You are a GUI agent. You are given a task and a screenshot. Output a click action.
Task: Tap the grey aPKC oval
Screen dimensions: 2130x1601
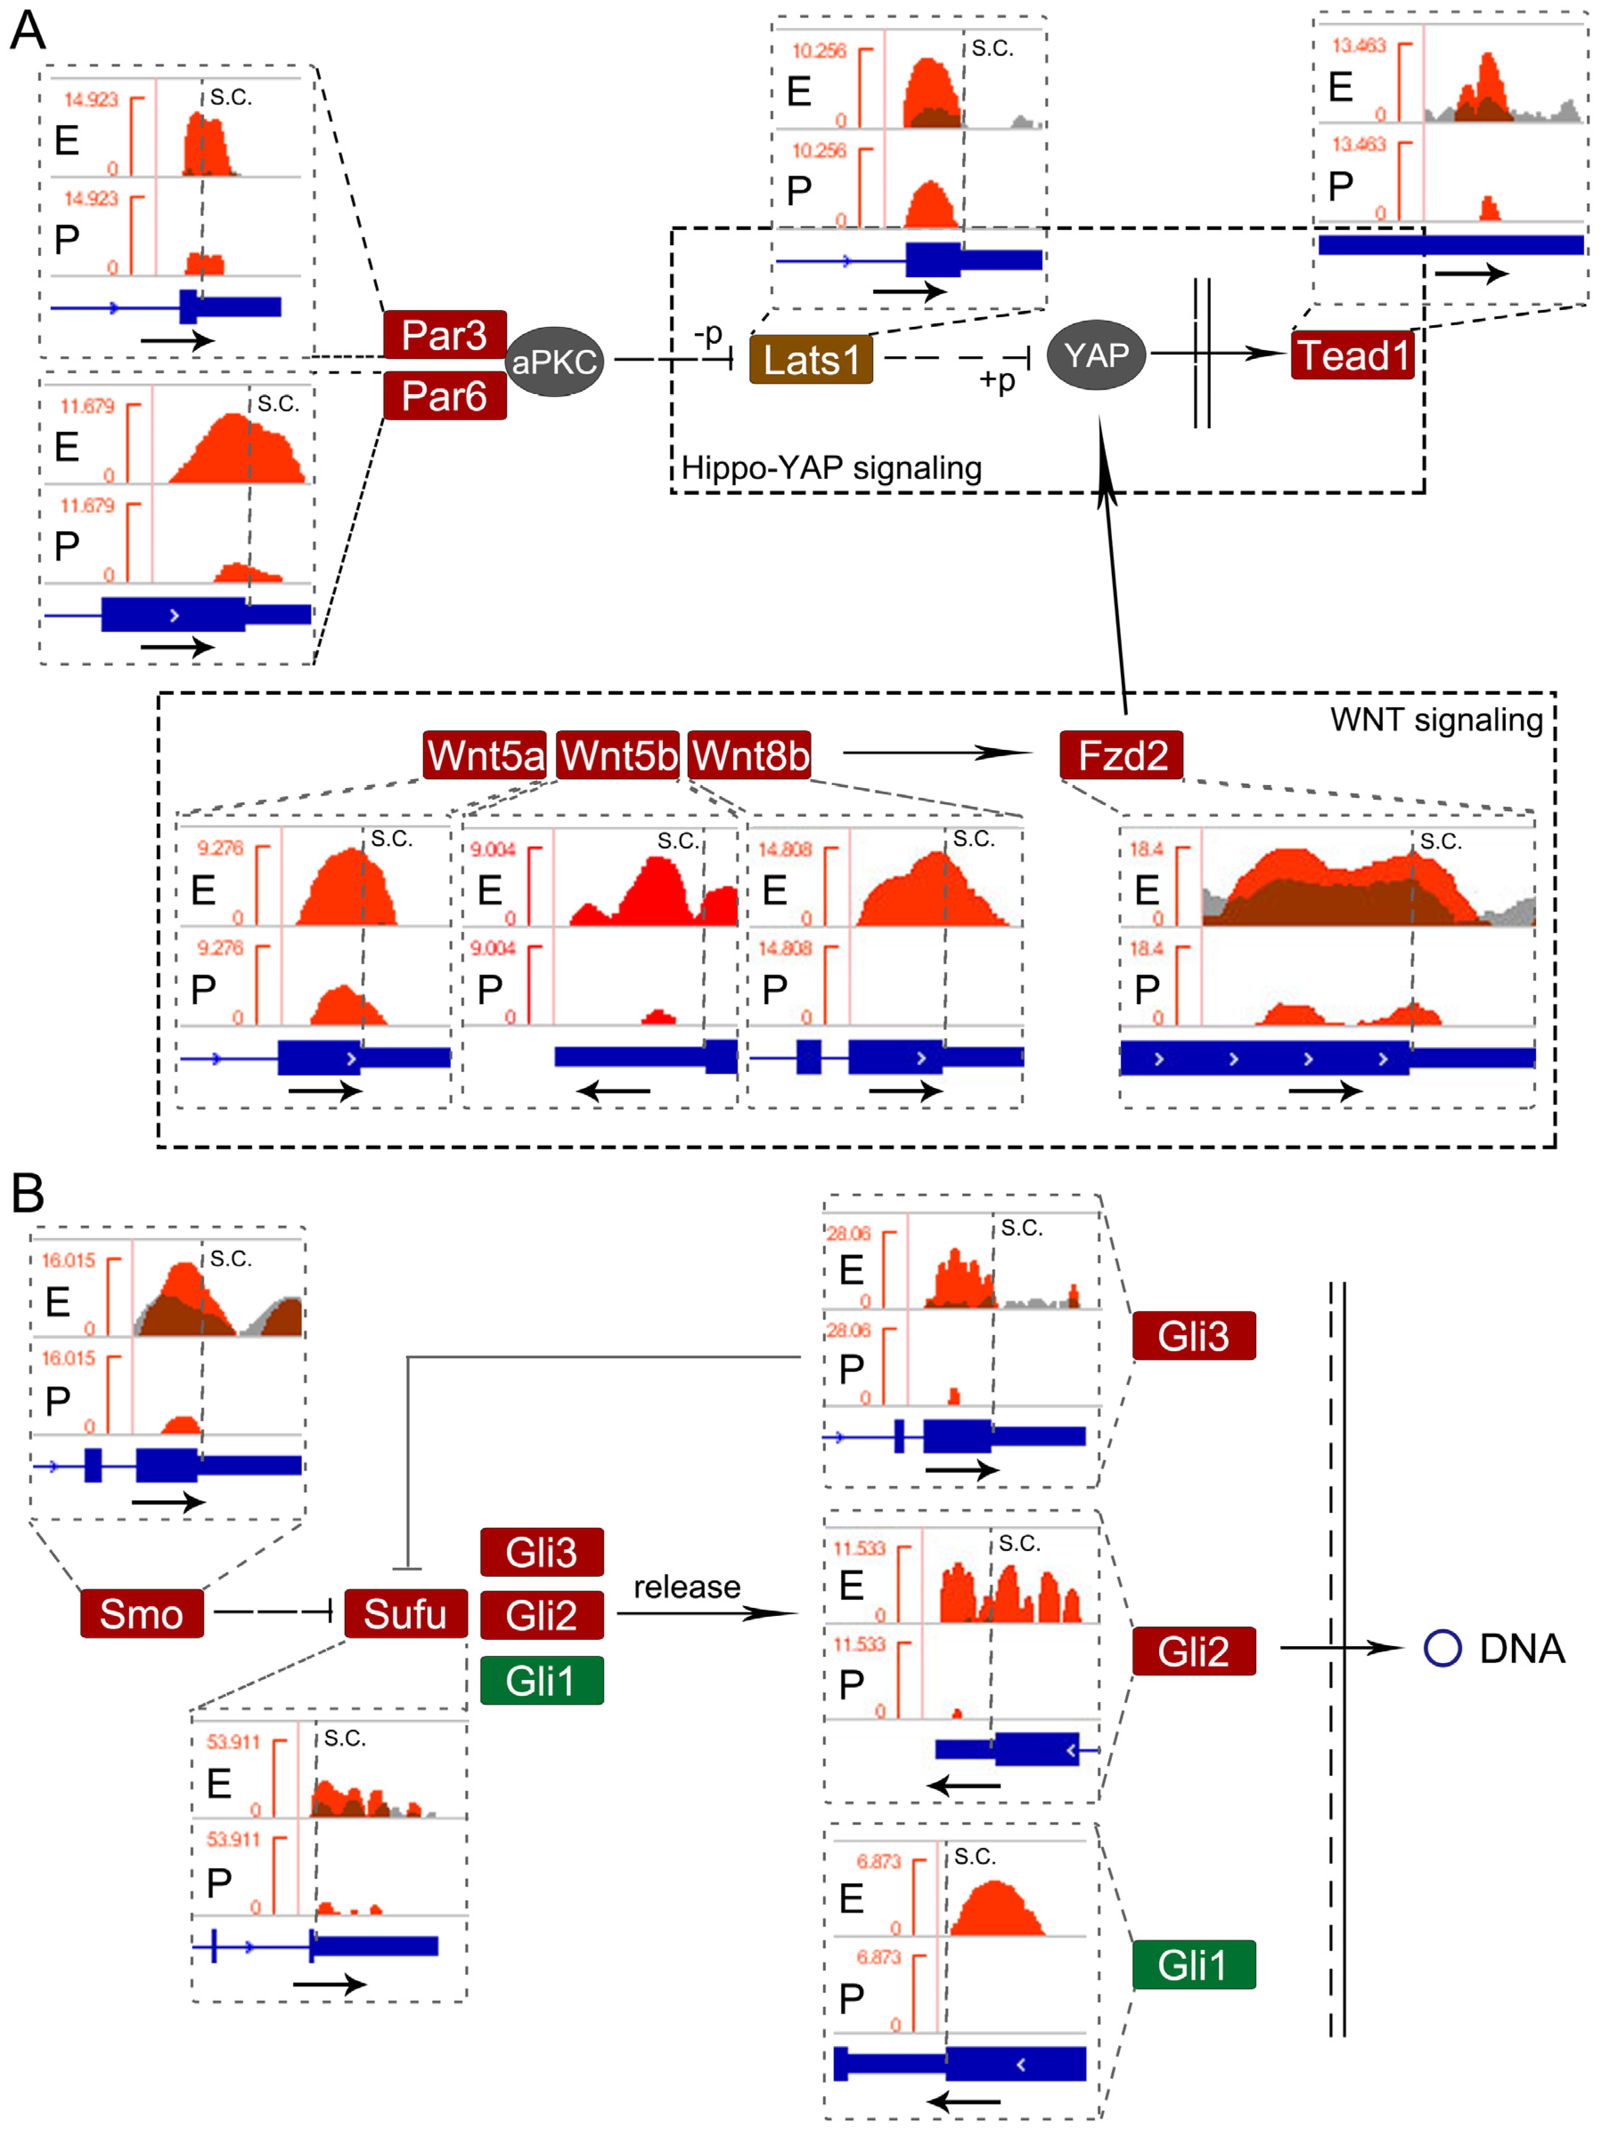pyautogui.click(x=554, y=362)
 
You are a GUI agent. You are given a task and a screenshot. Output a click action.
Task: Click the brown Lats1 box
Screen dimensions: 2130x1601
pyautogui.click(x=811, y=360)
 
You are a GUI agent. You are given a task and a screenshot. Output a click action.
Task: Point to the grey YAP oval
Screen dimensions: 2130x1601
pyautogui.click(x=1096, y=355)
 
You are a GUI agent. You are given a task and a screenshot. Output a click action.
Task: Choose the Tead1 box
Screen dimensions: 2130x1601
pyautogui.click(x=1352, y=355)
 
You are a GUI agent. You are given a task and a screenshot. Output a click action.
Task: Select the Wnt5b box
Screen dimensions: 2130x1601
pyautogui.click(x=619, y=755)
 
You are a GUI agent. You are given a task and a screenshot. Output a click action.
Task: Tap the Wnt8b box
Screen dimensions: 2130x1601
pyautogui.click(x=749, y=755)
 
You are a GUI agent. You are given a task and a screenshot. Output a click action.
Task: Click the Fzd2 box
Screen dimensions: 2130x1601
pyautogui.click(x=1121, y=755)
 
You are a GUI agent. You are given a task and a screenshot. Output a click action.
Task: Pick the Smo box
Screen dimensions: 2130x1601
pyautogui.click(x=142, y=1614)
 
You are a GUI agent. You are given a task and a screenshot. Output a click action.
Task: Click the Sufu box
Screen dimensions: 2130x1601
pyautogui.click(x=405, y=1614)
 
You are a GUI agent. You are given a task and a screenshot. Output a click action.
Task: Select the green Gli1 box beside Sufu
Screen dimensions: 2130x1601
pyautogui.click(x=542, y=1680)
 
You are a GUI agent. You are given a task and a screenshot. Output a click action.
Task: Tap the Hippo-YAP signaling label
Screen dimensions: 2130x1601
pyautogui.click(x=831, y=468)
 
